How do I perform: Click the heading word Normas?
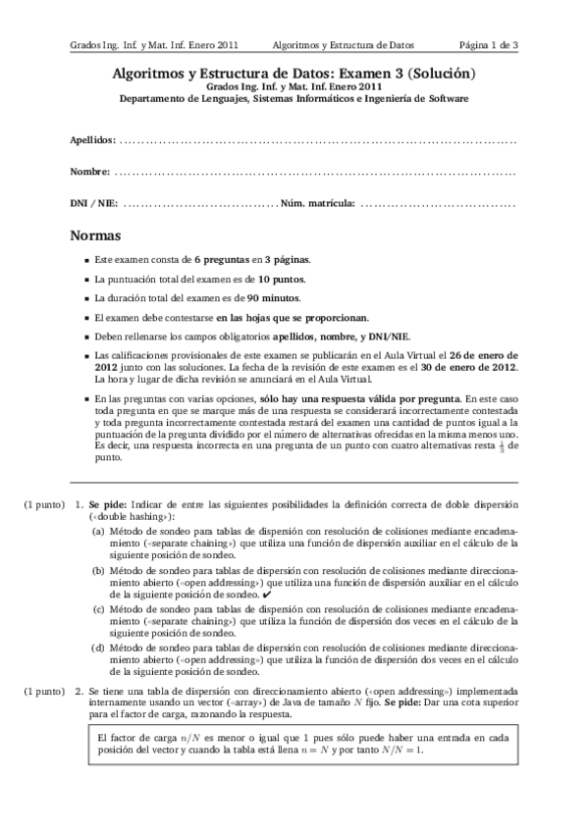[x=96, y=236]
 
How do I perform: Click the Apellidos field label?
[x=92, y=140]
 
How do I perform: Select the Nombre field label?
[x=89, y=172]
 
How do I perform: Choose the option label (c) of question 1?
[x=99, y=608]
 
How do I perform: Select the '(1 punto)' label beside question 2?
[x=44, y=693]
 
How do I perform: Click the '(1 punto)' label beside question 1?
[x=44, y=503]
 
